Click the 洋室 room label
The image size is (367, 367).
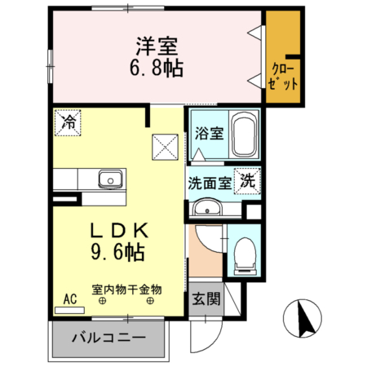[x=151, y=46]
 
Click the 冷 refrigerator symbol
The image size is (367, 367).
[x=69, y=123]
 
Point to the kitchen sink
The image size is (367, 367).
[x=108, y=179]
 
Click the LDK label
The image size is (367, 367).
[x=119, y=232]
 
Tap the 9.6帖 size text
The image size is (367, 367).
[x=119, y=253]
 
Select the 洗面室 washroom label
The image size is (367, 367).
[x=210, y=182]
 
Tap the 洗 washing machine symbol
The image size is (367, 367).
[x=247, y=181]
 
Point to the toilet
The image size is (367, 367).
[x=243, y=254]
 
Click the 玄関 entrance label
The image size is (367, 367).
[x=207, y=300]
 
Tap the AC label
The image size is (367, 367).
[x=71, y=299]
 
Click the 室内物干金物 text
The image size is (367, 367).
[x=127, y=289]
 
